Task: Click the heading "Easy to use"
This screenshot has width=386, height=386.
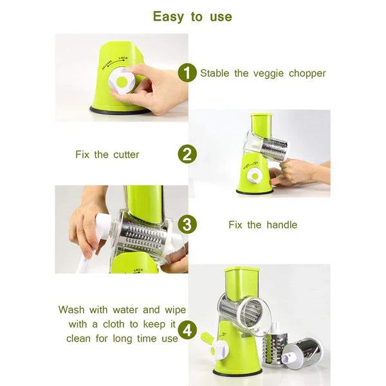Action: coord(192,16)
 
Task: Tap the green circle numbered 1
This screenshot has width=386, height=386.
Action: coord(187,73)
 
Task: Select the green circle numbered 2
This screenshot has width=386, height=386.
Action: coord(187,154)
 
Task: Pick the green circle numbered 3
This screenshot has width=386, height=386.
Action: coord(187,225)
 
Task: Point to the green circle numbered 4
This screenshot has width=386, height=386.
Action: coord(187,331)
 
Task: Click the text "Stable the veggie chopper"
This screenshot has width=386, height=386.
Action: coord(262,73)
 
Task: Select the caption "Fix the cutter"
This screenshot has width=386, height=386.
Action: coord(107,154)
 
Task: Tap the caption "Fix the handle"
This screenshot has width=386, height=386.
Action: coord(262,225)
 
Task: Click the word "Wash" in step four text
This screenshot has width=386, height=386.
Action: coord(72,309)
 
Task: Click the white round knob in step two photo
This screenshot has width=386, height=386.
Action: coord(255,176)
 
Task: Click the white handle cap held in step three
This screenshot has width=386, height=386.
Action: coord(103,225)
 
